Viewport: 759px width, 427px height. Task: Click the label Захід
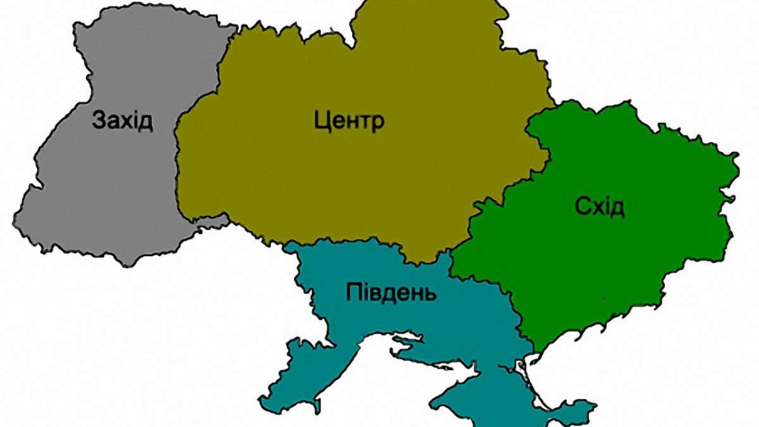click(123, 120)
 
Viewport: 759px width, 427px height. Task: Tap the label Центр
click(349, 122)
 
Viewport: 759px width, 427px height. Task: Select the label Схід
click(599, 207)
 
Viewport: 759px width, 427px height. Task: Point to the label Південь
click(391, 292)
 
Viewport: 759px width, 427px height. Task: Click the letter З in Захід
click(99, 120)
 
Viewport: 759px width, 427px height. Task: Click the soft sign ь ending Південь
click(431, 293)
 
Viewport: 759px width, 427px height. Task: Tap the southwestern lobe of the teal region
click(291, 380)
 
